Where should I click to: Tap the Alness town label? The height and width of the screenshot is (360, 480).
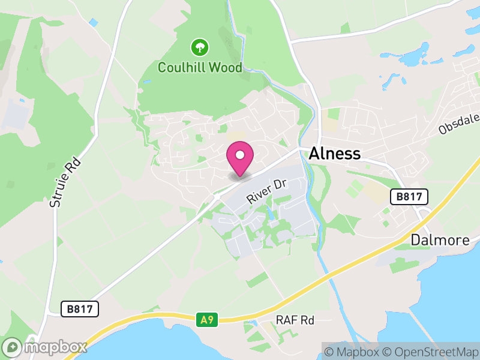(335, 154)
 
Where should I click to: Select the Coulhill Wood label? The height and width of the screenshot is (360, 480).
(200, 67)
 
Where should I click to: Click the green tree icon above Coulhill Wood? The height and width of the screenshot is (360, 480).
(199, 47)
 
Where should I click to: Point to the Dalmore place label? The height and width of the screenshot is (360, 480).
(440, 240)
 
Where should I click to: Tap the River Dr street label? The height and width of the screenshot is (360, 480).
(268, 190)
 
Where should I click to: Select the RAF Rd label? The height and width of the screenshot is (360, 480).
(295, 320)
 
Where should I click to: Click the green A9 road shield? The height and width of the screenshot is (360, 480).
(206, 320)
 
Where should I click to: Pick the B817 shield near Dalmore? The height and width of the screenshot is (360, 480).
(409, 196)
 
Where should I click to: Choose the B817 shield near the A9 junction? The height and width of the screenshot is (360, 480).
(80, 309)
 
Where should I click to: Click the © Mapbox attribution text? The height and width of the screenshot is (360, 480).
(353, 351)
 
